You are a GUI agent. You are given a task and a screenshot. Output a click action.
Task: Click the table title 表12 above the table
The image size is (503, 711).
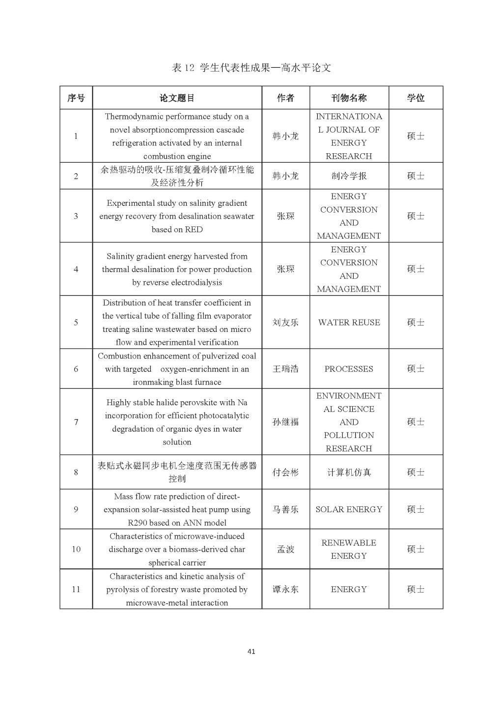coord(251,68)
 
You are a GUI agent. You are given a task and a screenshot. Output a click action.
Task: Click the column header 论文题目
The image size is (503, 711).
coord(177,98)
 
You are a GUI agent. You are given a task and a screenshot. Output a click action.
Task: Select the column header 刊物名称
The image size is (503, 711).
coord(349,98)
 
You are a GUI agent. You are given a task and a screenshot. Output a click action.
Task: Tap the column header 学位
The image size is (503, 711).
coord(416,98)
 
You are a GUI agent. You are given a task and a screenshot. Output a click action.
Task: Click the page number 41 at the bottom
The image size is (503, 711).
coord(251,652)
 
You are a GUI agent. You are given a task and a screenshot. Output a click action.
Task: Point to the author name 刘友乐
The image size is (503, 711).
coord(285,323)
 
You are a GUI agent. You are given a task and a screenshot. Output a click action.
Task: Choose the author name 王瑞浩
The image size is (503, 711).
coord(285,369)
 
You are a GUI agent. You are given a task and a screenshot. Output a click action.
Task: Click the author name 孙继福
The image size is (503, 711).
coord(285,422)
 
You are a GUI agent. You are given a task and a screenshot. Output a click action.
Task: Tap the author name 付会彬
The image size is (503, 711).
coord(285,472)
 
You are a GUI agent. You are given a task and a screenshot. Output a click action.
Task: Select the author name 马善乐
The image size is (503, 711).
coord(285,509)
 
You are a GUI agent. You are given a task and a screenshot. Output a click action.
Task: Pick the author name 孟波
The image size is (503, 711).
coord(285,549)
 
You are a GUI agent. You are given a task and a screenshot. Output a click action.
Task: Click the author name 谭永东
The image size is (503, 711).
coord(285,589)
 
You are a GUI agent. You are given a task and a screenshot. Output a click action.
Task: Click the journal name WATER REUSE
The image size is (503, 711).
coord(349,323)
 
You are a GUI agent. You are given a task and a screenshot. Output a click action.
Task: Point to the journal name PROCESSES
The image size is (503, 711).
coord(349,369)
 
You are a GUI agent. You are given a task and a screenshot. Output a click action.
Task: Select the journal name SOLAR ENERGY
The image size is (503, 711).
coord(349,509)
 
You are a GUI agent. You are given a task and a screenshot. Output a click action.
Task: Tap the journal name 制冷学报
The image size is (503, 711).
coord(349,176)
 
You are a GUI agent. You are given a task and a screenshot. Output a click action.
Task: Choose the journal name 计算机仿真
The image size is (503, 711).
coord(349,472)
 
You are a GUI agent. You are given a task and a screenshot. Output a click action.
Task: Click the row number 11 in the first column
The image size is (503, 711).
coord(76,589)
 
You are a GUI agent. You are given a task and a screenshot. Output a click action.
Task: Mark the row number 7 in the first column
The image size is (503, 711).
coord(76,422)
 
